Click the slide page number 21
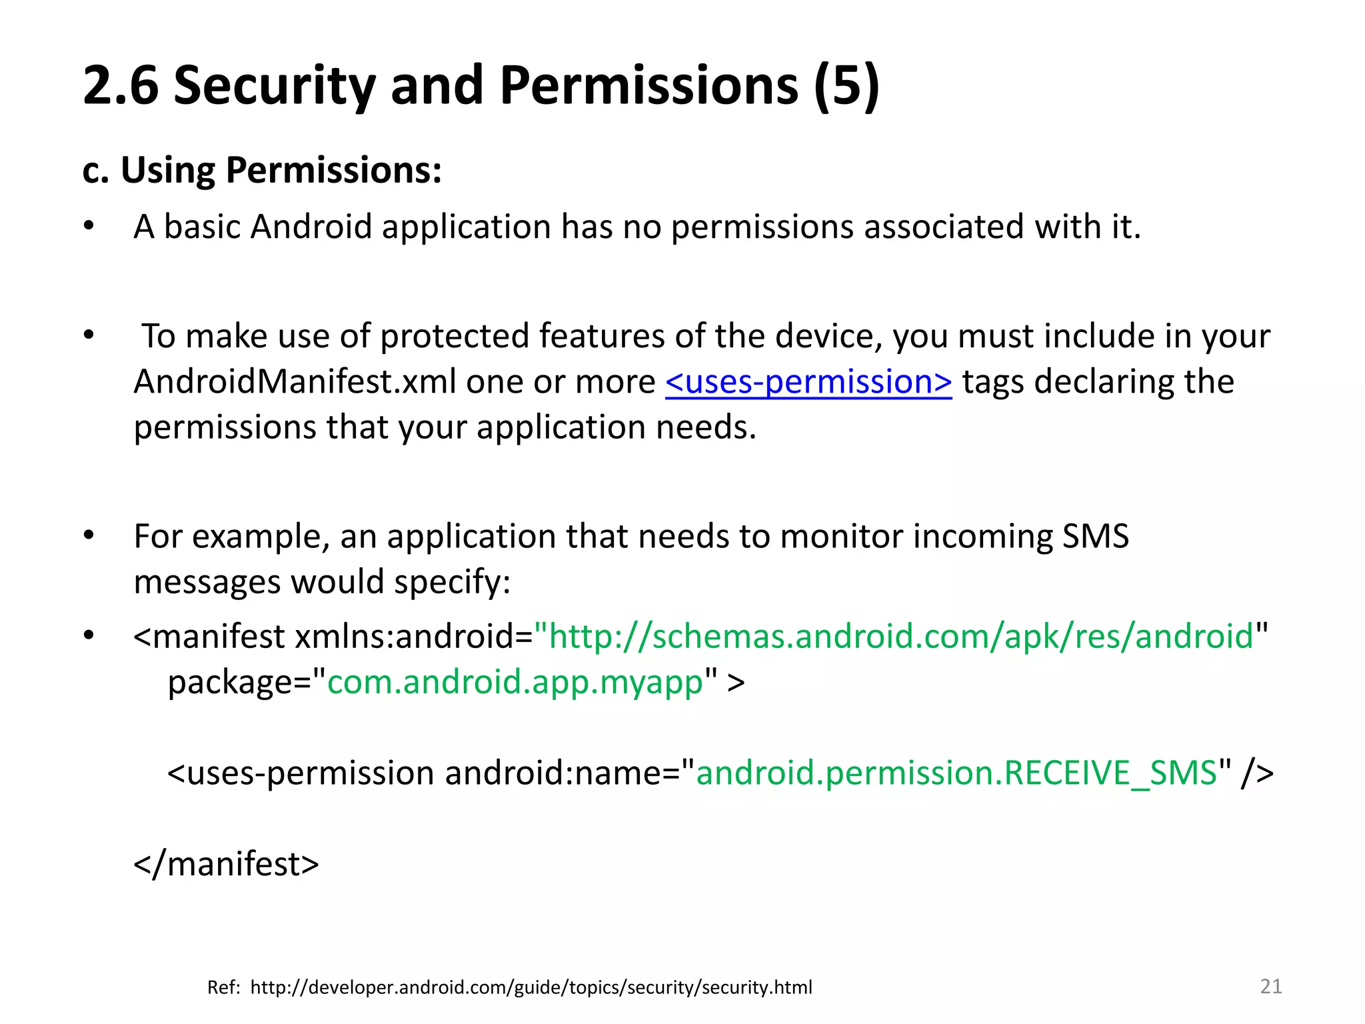coord(1271,986)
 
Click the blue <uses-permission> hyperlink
coord(808,382)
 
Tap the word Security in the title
coord(274,86)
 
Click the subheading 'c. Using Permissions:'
coord(262,170)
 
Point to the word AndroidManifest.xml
coord(267,382)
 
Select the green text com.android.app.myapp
coord(515,682)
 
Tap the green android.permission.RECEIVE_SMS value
coord(956,773)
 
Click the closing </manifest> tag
coord(227,864)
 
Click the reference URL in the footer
coord(531,987)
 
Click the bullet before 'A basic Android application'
coord(89,227)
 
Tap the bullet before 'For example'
coord(89,535)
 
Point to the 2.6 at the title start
coord(121,86)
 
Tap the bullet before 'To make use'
coord(89,335)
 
